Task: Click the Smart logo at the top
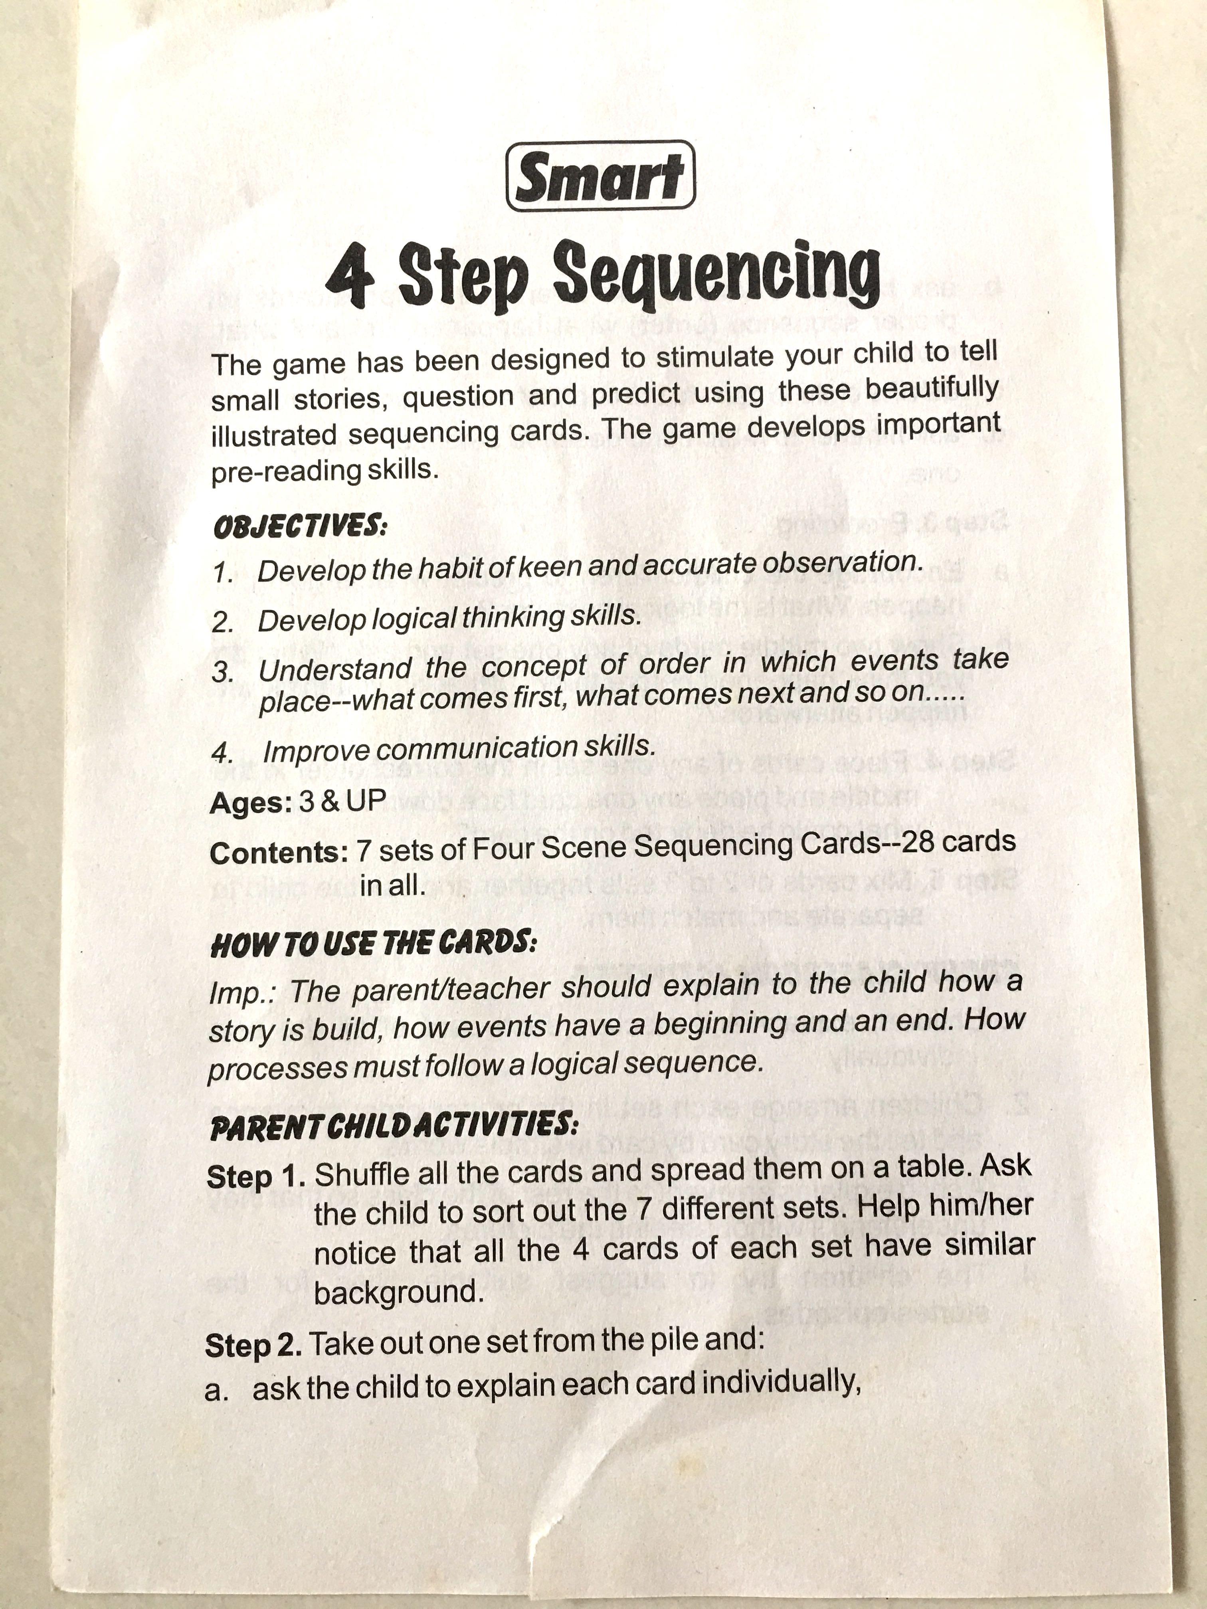click(x=600, y=177)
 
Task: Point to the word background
click(x=399, y=1292)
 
